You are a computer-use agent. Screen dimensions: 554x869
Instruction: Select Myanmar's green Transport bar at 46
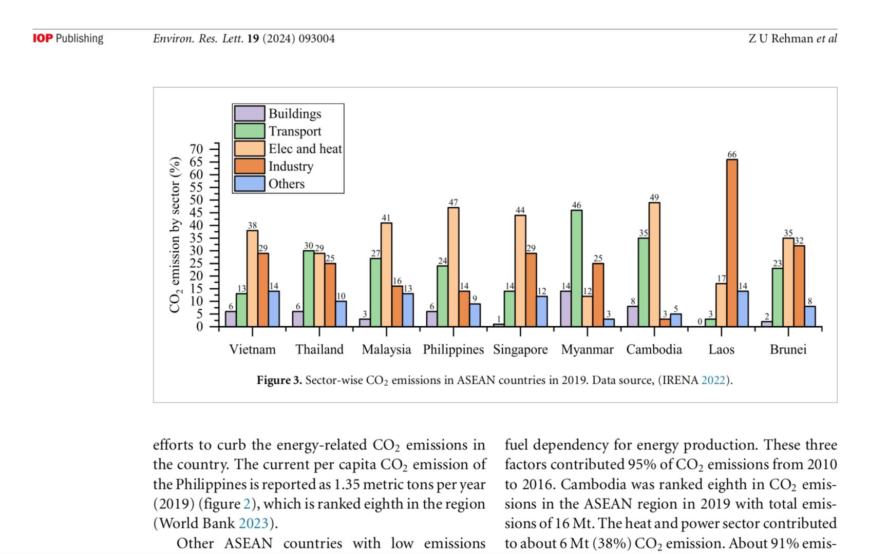(576, 268)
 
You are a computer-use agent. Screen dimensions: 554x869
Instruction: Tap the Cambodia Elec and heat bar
(654, 264)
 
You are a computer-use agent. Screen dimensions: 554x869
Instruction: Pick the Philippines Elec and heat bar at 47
(453, 267)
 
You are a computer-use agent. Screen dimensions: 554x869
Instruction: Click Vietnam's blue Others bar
(274, 309)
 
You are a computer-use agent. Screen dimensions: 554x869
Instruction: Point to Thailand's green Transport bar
(308, 288)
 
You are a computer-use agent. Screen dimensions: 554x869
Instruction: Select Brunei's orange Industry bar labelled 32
(799, 286)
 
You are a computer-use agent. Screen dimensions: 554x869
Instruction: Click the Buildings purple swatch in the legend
(250, 113)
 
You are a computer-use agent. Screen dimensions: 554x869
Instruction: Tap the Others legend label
(287, 184)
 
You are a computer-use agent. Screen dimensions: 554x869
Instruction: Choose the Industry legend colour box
(250, 166)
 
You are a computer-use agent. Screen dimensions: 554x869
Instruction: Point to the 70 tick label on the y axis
(196, 149)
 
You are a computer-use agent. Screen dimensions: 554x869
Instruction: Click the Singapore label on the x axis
(520, 349)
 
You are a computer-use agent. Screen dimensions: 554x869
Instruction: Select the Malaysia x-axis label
(386, 349)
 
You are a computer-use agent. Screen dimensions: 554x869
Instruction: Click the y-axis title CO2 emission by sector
(175, 234)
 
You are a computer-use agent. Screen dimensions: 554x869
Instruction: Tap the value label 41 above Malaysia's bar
(386, 217)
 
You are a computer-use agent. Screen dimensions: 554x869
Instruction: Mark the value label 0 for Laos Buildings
(700, 322)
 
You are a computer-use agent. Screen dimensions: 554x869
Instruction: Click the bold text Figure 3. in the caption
(279, 380)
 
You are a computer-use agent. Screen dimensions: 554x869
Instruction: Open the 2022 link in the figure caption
(713, 380)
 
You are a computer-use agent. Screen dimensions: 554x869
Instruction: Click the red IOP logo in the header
(43, 38)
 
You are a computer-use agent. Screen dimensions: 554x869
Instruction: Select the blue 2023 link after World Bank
(254, 523)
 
